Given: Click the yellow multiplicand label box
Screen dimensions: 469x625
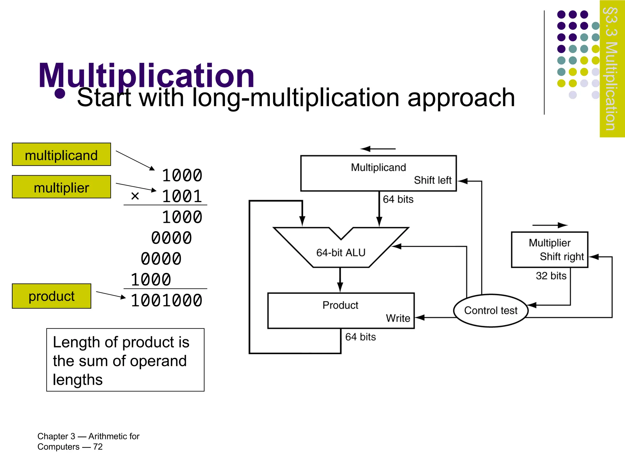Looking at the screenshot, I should coord(61,155).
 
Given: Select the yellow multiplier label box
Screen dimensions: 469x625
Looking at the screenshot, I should coord(61,187).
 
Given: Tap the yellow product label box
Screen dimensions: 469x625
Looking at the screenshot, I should coord(52,296).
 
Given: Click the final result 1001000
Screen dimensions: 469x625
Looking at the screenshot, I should coord(166,300).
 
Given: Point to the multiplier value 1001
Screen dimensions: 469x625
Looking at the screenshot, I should coord(182,196).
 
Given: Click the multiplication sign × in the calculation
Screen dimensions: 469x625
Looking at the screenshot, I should coord(135,196).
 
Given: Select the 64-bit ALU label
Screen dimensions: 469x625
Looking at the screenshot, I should coord(341,253).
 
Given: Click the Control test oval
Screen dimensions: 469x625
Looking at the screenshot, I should coord(491,311).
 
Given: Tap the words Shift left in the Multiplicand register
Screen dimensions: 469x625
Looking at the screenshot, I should coord(432,180).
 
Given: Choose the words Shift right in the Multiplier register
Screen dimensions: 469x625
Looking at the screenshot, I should coord(562,256).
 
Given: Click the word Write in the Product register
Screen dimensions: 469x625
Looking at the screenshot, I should coord(398,318).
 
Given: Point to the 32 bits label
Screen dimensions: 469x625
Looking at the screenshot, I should coord(551,276).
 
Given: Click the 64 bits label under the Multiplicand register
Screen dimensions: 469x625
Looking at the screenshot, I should coord(398,199).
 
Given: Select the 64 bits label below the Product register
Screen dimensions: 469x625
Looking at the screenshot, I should coord(360,337).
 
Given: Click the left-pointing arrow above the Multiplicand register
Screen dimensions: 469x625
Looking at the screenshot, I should coord(378,149).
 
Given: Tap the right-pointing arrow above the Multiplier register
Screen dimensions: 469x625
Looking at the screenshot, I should coord(550,225).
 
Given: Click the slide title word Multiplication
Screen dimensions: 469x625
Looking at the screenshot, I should coord(146,75).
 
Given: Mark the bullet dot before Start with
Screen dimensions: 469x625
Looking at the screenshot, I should coord(60,94).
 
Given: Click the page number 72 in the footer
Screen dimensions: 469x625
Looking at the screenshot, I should coord(98,447).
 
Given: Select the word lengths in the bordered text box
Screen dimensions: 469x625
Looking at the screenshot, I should coord(78,380).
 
